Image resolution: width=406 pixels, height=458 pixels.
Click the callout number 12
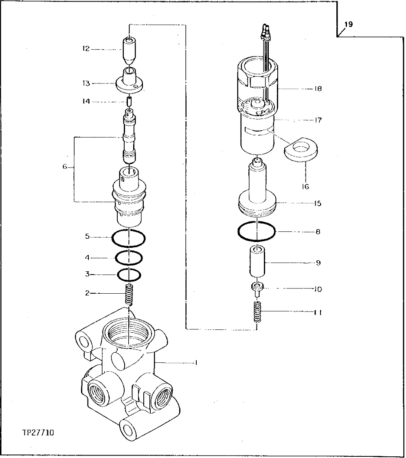86,50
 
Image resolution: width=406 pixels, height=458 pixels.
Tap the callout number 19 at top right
348,24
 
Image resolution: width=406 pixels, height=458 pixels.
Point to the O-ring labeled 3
129,275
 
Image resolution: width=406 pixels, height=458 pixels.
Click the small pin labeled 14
129,101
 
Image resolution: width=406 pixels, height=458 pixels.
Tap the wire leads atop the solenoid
267,31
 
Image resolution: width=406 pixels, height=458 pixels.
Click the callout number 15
318,203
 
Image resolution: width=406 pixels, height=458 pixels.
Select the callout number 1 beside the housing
196,362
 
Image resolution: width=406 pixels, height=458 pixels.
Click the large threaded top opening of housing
128,332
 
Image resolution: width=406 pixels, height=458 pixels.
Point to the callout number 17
318,120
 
